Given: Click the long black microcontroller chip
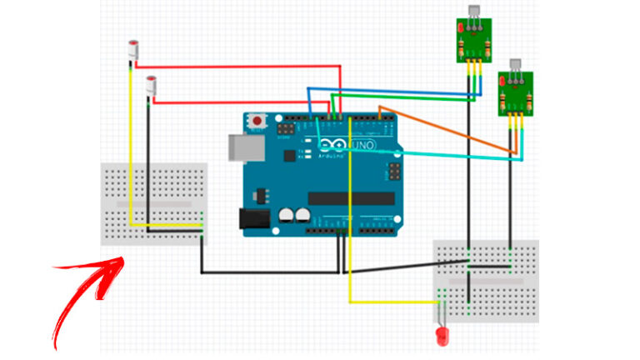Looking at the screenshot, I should tap(349, 198).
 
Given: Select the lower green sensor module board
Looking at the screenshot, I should tap(514, 93).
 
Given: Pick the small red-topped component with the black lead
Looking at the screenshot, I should tap(152, 84).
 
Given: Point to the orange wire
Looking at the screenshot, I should tap(450, 128).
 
